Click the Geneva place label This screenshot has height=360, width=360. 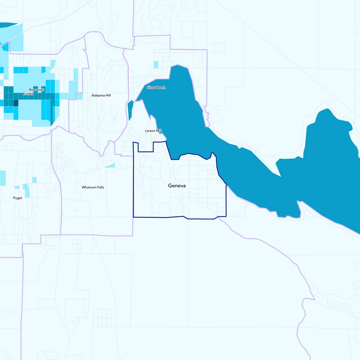[x=177, y=185]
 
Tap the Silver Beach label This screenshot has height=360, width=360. [x=156, y=87]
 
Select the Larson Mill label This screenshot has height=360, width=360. [x=153, y=131]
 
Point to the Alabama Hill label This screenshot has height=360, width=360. [x=101, y=95]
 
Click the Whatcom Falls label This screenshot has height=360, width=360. [x=93, y=187]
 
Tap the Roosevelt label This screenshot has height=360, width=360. [x=37, y=90]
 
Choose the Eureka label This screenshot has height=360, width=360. [x=29, y=94]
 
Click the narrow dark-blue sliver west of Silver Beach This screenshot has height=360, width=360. [x=130, y=110]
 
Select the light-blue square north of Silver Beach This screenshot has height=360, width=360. [x=156, y=64]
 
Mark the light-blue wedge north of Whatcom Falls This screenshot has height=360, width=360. [x=111, y=166]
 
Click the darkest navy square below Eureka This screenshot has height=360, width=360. [x=16, y=103]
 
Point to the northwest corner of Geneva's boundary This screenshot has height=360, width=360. [x=133, y=143]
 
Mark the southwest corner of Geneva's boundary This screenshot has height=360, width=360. [x=133, y=217]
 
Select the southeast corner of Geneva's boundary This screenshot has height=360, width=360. [x=225, y=216]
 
